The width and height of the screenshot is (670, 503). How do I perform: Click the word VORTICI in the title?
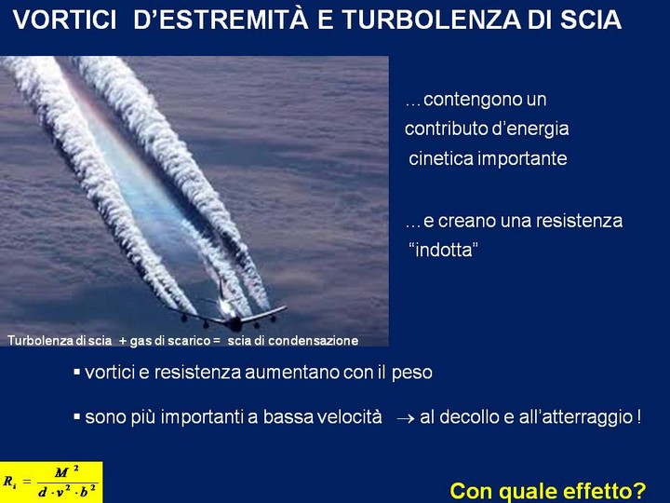[x=64, y=20]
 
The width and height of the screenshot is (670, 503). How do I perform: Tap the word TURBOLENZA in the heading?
[x=431, y=20]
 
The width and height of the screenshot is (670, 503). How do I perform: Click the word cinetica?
[x=441, y=158]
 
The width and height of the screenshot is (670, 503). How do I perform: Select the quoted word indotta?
[x=444, y=251]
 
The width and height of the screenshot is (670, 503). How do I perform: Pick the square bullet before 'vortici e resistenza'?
[x=77, y=372]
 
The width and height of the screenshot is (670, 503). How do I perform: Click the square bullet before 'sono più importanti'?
[x=77, y=416]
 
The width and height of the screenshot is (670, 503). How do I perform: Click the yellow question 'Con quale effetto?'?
[x=548, y=491]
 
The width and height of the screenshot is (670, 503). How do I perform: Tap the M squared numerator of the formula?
[x=66, y=471]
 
